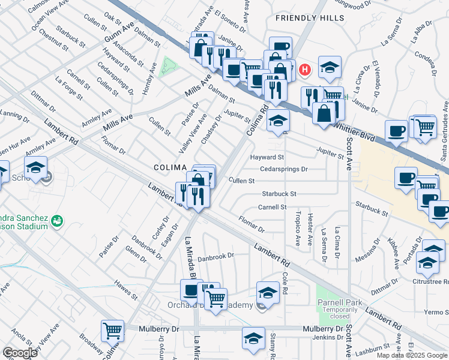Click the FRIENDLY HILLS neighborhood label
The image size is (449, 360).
(310, 18)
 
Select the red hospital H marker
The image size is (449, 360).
(306, 70)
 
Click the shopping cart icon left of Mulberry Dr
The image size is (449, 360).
(112, 330)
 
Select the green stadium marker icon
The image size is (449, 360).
(56, 221)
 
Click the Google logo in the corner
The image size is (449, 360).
(20, 353)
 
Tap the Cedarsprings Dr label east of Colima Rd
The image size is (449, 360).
(283, 169)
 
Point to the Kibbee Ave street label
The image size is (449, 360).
(394, 255)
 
